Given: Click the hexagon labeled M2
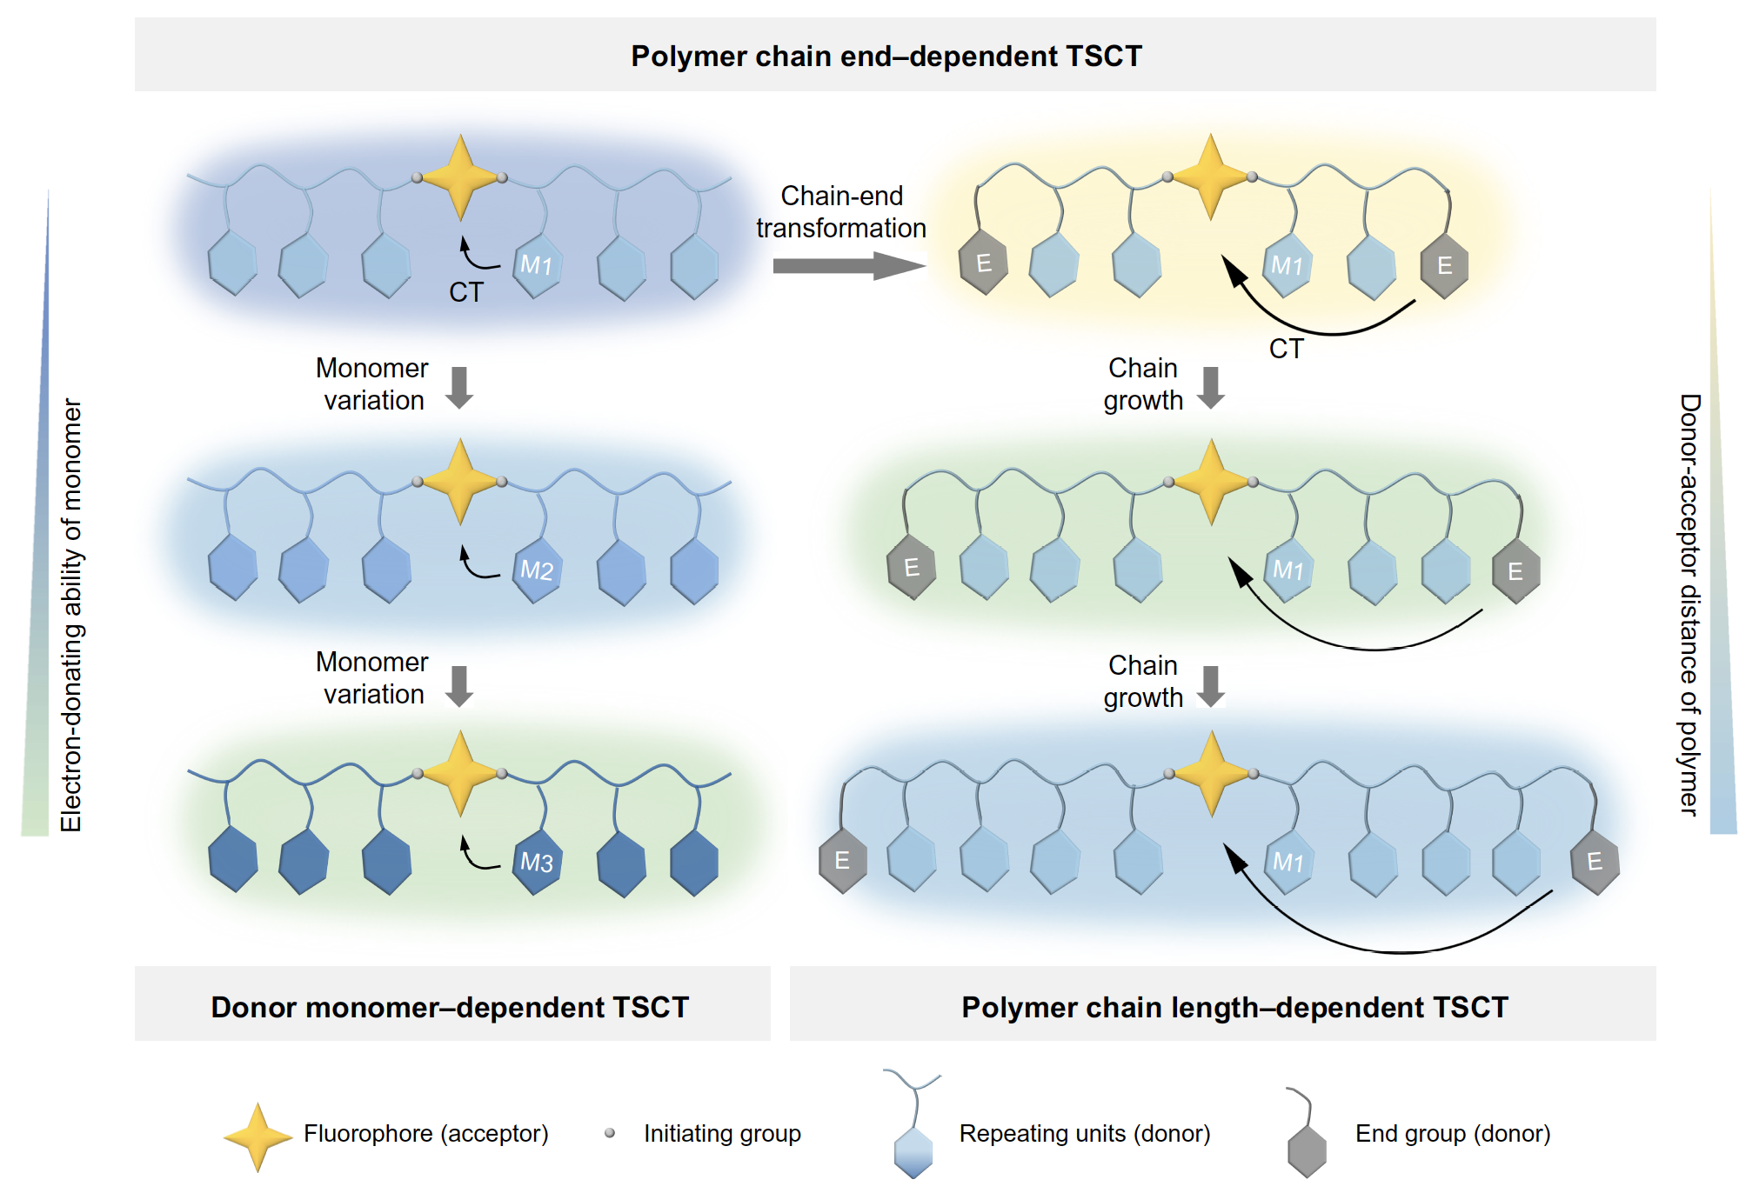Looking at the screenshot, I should (537, 570).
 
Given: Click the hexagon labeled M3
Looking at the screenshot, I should (537, 862).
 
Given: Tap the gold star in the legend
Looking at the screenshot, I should (257, 1136).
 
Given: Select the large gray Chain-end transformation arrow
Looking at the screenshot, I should (847, 265).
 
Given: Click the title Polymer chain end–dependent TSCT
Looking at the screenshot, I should (886, 57).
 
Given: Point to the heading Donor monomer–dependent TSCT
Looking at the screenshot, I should (450, 1007).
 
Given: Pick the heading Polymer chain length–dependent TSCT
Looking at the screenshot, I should (1234, 1007).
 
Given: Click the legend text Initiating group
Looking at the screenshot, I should (722, 1134).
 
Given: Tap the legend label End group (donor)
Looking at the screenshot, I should (1452, 1134).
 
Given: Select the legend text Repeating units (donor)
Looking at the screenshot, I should (1084, 1134).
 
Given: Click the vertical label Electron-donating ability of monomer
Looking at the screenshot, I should (71, 615).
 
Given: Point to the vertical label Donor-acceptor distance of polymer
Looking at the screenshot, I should (1689, 604).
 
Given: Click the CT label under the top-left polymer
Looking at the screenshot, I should (465, 292).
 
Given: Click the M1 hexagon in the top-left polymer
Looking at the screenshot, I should (537, 264).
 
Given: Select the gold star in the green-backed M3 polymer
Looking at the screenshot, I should (459, 773).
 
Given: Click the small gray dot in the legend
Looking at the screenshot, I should (610, 1133).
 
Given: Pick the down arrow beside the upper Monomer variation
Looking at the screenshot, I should (459, 387).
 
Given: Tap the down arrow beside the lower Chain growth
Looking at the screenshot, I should (1211, 686).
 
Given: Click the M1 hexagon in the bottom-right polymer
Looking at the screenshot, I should (1288, 862).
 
